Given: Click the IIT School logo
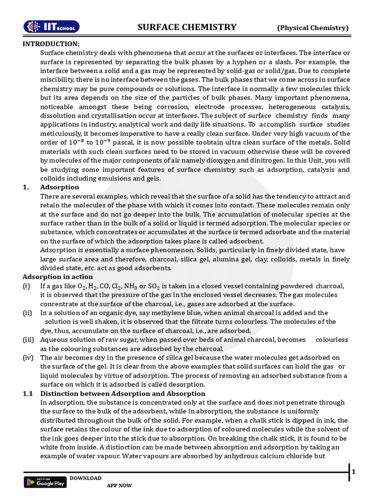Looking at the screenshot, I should (x=52, y=27).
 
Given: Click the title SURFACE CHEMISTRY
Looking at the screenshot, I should (x=187, y=27).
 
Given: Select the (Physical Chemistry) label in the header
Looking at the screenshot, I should (x=313, y=28).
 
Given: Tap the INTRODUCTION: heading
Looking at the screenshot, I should (x=51, y=44).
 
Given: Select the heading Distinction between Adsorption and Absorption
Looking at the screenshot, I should (x=122, y=394).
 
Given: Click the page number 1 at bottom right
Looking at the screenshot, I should (x=354, y=472).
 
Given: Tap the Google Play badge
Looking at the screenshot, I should (x=45, y=482).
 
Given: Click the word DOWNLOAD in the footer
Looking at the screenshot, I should (x=85, y=478).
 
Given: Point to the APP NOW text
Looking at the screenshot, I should (x=119, y=485).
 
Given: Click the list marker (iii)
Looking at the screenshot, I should (x=29, y=340).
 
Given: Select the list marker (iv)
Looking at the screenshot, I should (x=29, y=358).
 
